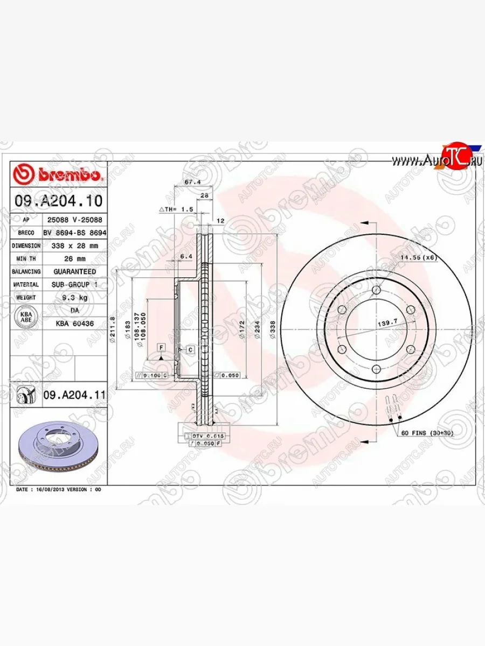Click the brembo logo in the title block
[58, 174]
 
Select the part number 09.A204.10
[58, 201]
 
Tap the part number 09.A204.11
[74, 395]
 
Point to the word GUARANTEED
[75, 271]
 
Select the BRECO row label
[26, 233]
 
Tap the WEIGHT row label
[26, 298]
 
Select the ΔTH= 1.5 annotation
[176, 209]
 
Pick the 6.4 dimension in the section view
[186, 257]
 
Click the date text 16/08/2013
[50, 490]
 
